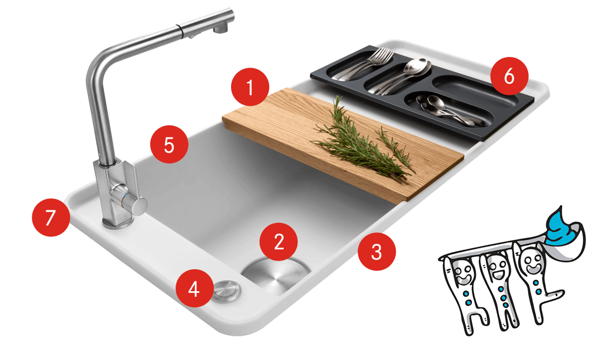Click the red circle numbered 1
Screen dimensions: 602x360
click(x=250, y=87)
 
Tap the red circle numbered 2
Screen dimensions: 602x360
click(x=278, y=242)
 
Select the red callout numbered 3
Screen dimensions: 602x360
click(x=376, y=251)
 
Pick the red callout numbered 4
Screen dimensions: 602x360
click(x=194, y=288)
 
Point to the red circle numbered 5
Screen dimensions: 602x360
click(x=169, y=144)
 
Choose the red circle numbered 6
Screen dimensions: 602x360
click(x=509, y=76)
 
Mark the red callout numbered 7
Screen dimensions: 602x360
click(x=51, y=217)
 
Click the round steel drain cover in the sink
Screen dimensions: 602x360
click(x=276, y=275)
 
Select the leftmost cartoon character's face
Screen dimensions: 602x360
click(x=462, y=273)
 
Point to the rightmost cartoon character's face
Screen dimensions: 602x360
click(x=532, y=262)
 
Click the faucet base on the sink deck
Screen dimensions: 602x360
click(x=117, y=222)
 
